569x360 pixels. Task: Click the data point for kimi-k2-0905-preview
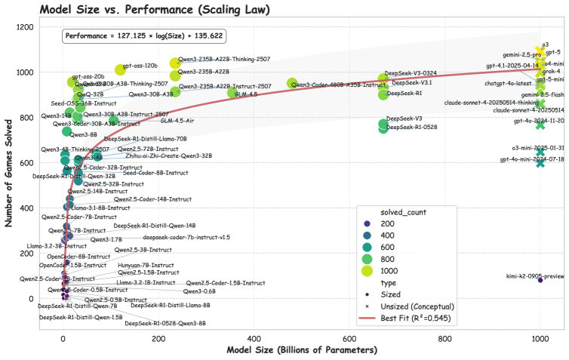tap(540, 280)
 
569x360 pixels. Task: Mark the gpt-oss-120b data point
tap(120, 70)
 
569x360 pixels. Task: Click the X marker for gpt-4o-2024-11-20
tap(540, 125)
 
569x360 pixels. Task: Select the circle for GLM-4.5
tap(232, 94)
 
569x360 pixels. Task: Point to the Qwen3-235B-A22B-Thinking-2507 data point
tap(176, 63)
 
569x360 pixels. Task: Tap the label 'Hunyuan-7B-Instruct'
tap(146, 266)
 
